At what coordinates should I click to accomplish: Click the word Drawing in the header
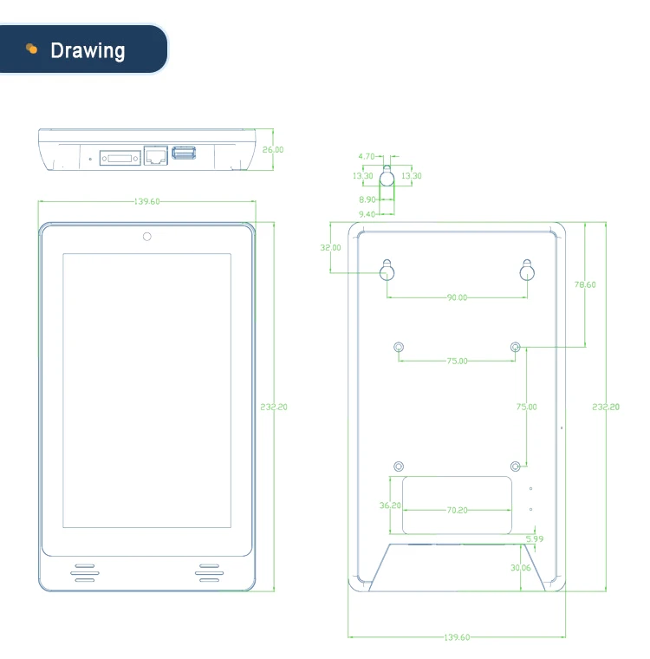tap(88, 50)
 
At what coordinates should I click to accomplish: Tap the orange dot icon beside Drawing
tap(32, 49)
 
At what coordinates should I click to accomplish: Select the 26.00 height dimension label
tap(273, 149)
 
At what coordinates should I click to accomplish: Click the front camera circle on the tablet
tap(146, 236)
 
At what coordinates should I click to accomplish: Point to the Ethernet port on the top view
tap(155, 155)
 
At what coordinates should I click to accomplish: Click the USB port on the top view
tap(184, 153)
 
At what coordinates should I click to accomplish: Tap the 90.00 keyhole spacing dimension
tap(457, 297)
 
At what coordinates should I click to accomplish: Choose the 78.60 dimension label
tap(586, 284)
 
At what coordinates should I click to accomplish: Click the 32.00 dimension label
tap(330, 247)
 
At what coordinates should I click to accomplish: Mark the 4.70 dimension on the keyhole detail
tap(366, 157)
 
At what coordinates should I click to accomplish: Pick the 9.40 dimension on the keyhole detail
tap(366, 213)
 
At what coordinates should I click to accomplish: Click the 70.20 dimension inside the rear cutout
tap(457, 510)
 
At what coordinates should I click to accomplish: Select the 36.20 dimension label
tap(390, 506)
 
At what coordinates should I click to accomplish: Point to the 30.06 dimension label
tap(521, 567)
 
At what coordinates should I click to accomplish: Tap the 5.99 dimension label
tap(534, 538)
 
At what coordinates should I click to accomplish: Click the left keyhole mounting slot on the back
tap(387, 271)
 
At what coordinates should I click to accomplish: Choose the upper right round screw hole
tap(516, 348)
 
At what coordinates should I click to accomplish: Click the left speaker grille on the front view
tap(84, 571)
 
